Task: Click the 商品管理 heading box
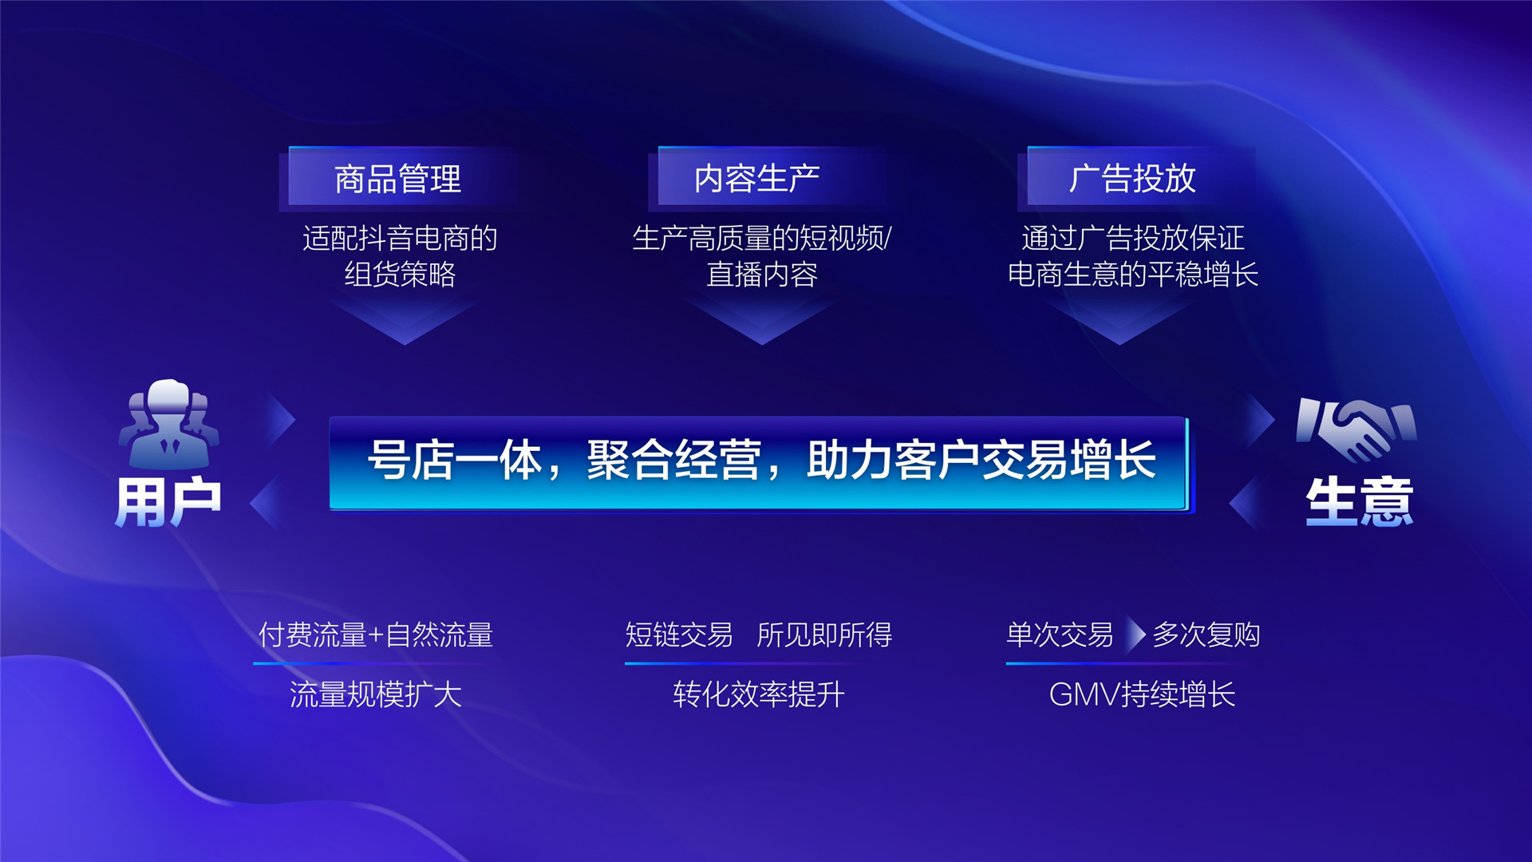(397, 177)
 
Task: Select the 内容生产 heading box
(756, 177)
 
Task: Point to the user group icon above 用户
(168, 423)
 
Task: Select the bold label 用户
(168, 501)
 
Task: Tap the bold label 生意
(1359, 501)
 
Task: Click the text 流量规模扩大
(375, 694)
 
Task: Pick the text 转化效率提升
(758, 694)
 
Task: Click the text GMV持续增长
(1142, 694)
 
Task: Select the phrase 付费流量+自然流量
(375, 635)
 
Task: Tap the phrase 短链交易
(678, 635)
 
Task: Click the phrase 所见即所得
(824, 635)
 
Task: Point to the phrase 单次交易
(1059, 635)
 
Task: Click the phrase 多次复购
(1206, 635)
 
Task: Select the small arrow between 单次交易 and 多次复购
(1135, 635)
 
